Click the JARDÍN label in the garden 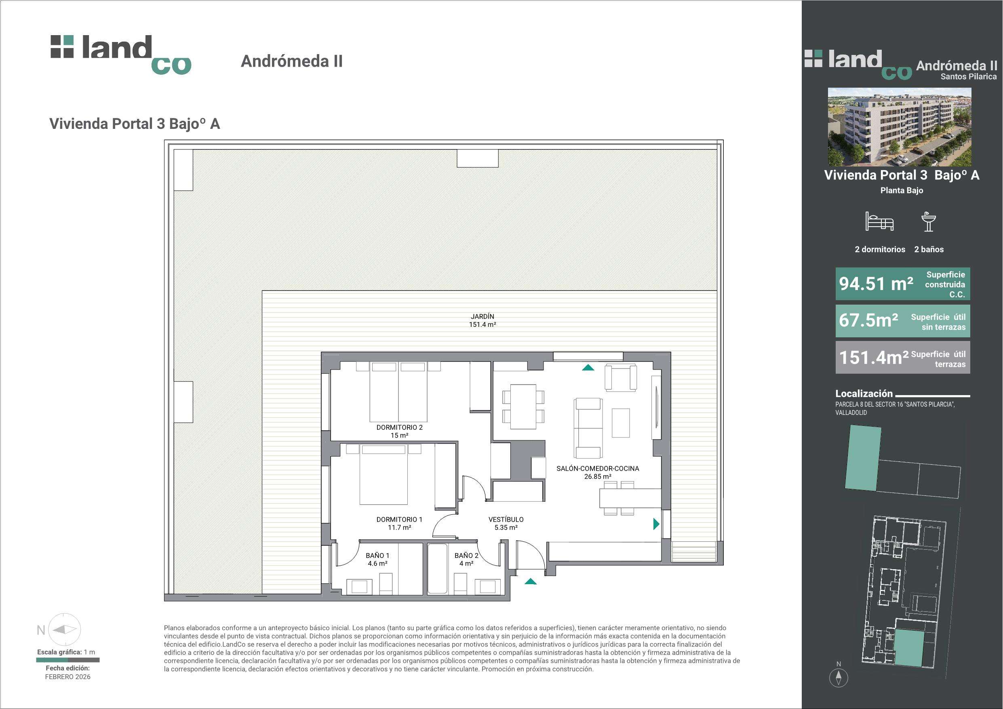(482, 316)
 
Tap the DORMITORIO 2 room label (399, 428)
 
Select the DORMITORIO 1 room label (399, 520)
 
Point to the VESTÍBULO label (506, 520)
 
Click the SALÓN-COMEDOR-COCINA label (598, 468)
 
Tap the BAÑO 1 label (377, 555)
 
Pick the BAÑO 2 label (466, 555)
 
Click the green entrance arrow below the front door (530, 581)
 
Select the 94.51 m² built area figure (876, 284)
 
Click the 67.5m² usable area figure (868, 320)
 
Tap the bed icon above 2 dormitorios (879, 221)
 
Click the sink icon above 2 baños (928, 221)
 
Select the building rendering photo (900, 127)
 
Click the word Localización (864, 393)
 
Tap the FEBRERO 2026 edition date (68, 677)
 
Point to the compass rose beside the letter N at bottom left (64, 629)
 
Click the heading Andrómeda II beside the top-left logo (292, 61)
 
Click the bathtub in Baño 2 (437, 568)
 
